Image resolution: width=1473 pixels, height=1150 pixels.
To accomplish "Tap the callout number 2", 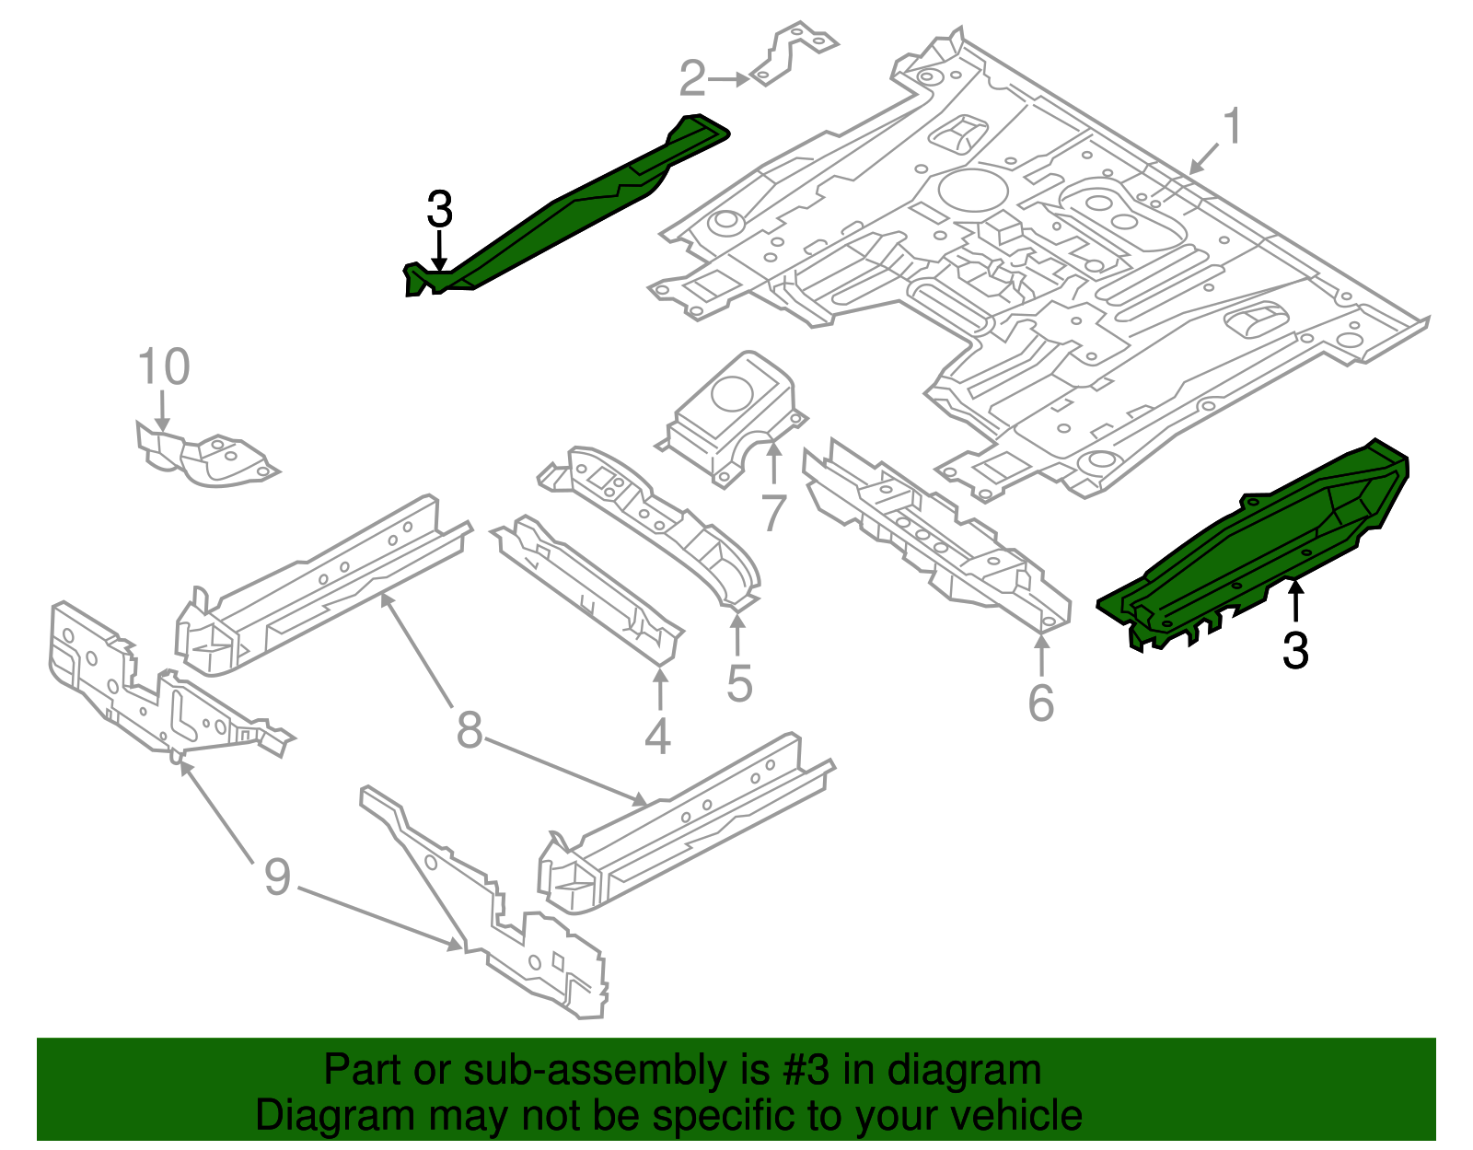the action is (x=693, y=78).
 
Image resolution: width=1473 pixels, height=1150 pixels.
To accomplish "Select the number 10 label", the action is (x=163, y=366).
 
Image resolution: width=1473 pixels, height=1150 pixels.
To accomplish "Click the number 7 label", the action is (x=773, y=512).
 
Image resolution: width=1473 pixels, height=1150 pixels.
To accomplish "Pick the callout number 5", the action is (x=739, y=683).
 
